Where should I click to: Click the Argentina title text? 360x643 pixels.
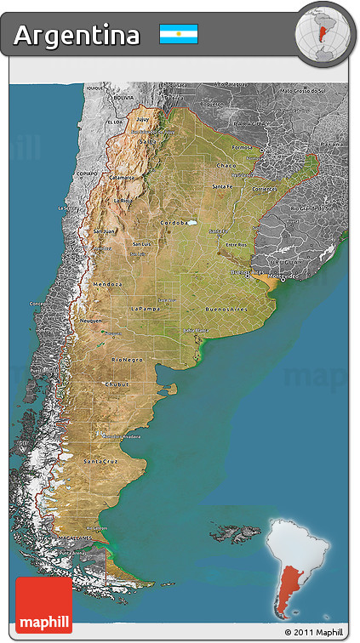77,35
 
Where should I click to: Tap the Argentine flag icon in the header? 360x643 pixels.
179,34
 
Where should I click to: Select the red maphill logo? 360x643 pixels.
43,604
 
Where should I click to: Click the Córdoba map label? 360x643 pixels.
174,224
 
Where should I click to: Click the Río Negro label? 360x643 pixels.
127,360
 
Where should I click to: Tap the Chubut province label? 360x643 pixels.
116,384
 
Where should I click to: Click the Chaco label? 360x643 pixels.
226,165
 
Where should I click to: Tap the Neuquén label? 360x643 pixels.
91,321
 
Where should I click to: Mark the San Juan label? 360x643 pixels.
104,230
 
